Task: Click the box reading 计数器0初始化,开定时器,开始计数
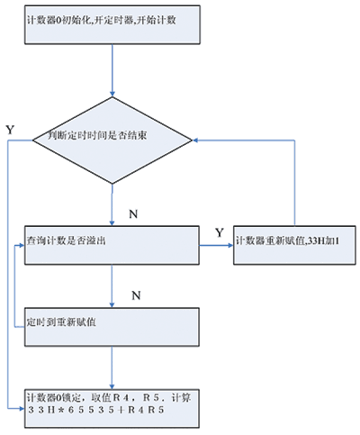(112, 24)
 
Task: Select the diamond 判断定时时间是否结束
(112, 140)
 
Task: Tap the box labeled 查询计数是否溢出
(112, 245)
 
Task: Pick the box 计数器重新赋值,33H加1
(294, 245)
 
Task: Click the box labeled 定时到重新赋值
(112, 327)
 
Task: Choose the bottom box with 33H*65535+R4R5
(112, 409)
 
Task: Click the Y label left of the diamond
(10, 130)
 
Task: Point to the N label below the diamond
(133, 214)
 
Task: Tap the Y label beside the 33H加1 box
(220, 232)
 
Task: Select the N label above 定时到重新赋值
(136, 295)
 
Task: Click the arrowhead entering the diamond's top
(112, 94)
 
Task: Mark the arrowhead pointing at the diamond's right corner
(195, 140)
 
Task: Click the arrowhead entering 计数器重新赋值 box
(230, 245)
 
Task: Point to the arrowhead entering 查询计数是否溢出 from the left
(22, 245)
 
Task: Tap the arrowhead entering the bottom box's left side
(22, 409)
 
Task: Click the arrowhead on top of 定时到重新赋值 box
(112, 304)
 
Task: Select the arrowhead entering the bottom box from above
(112, 386)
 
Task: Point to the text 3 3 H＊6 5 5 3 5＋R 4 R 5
(96, 410)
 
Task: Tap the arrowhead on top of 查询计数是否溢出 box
(112, 222)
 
